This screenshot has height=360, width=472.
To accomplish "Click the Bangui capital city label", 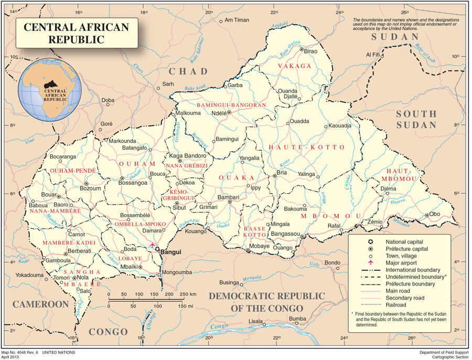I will coord(170,252).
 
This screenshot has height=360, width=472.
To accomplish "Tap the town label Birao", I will coord(311,51).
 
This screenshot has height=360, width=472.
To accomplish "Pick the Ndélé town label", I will coord(219,113).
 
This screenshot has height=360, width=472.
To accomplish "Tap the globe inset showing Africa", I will coord(50,90).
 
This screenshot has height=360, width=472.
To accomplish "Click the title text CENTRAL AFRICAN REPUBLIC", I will coord(76,33).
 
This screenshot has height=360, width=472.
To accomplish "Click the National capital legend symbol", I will coord(371,240).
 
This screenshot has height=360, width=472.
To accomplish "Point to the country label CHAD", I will coord(188,71).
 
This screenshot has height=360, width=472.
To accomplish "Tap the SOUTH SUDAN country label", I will coord(416,119).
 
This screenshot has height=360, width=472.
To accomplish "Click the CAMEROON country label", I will coord(41,304).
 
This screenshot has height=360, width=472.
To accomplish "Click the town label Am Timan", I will coord(237,20).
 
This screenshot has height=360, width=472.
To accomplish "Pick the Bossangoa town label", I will coord(133,183).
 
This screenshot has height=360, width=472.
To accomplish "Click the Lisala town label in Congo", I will coord(255,321).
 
